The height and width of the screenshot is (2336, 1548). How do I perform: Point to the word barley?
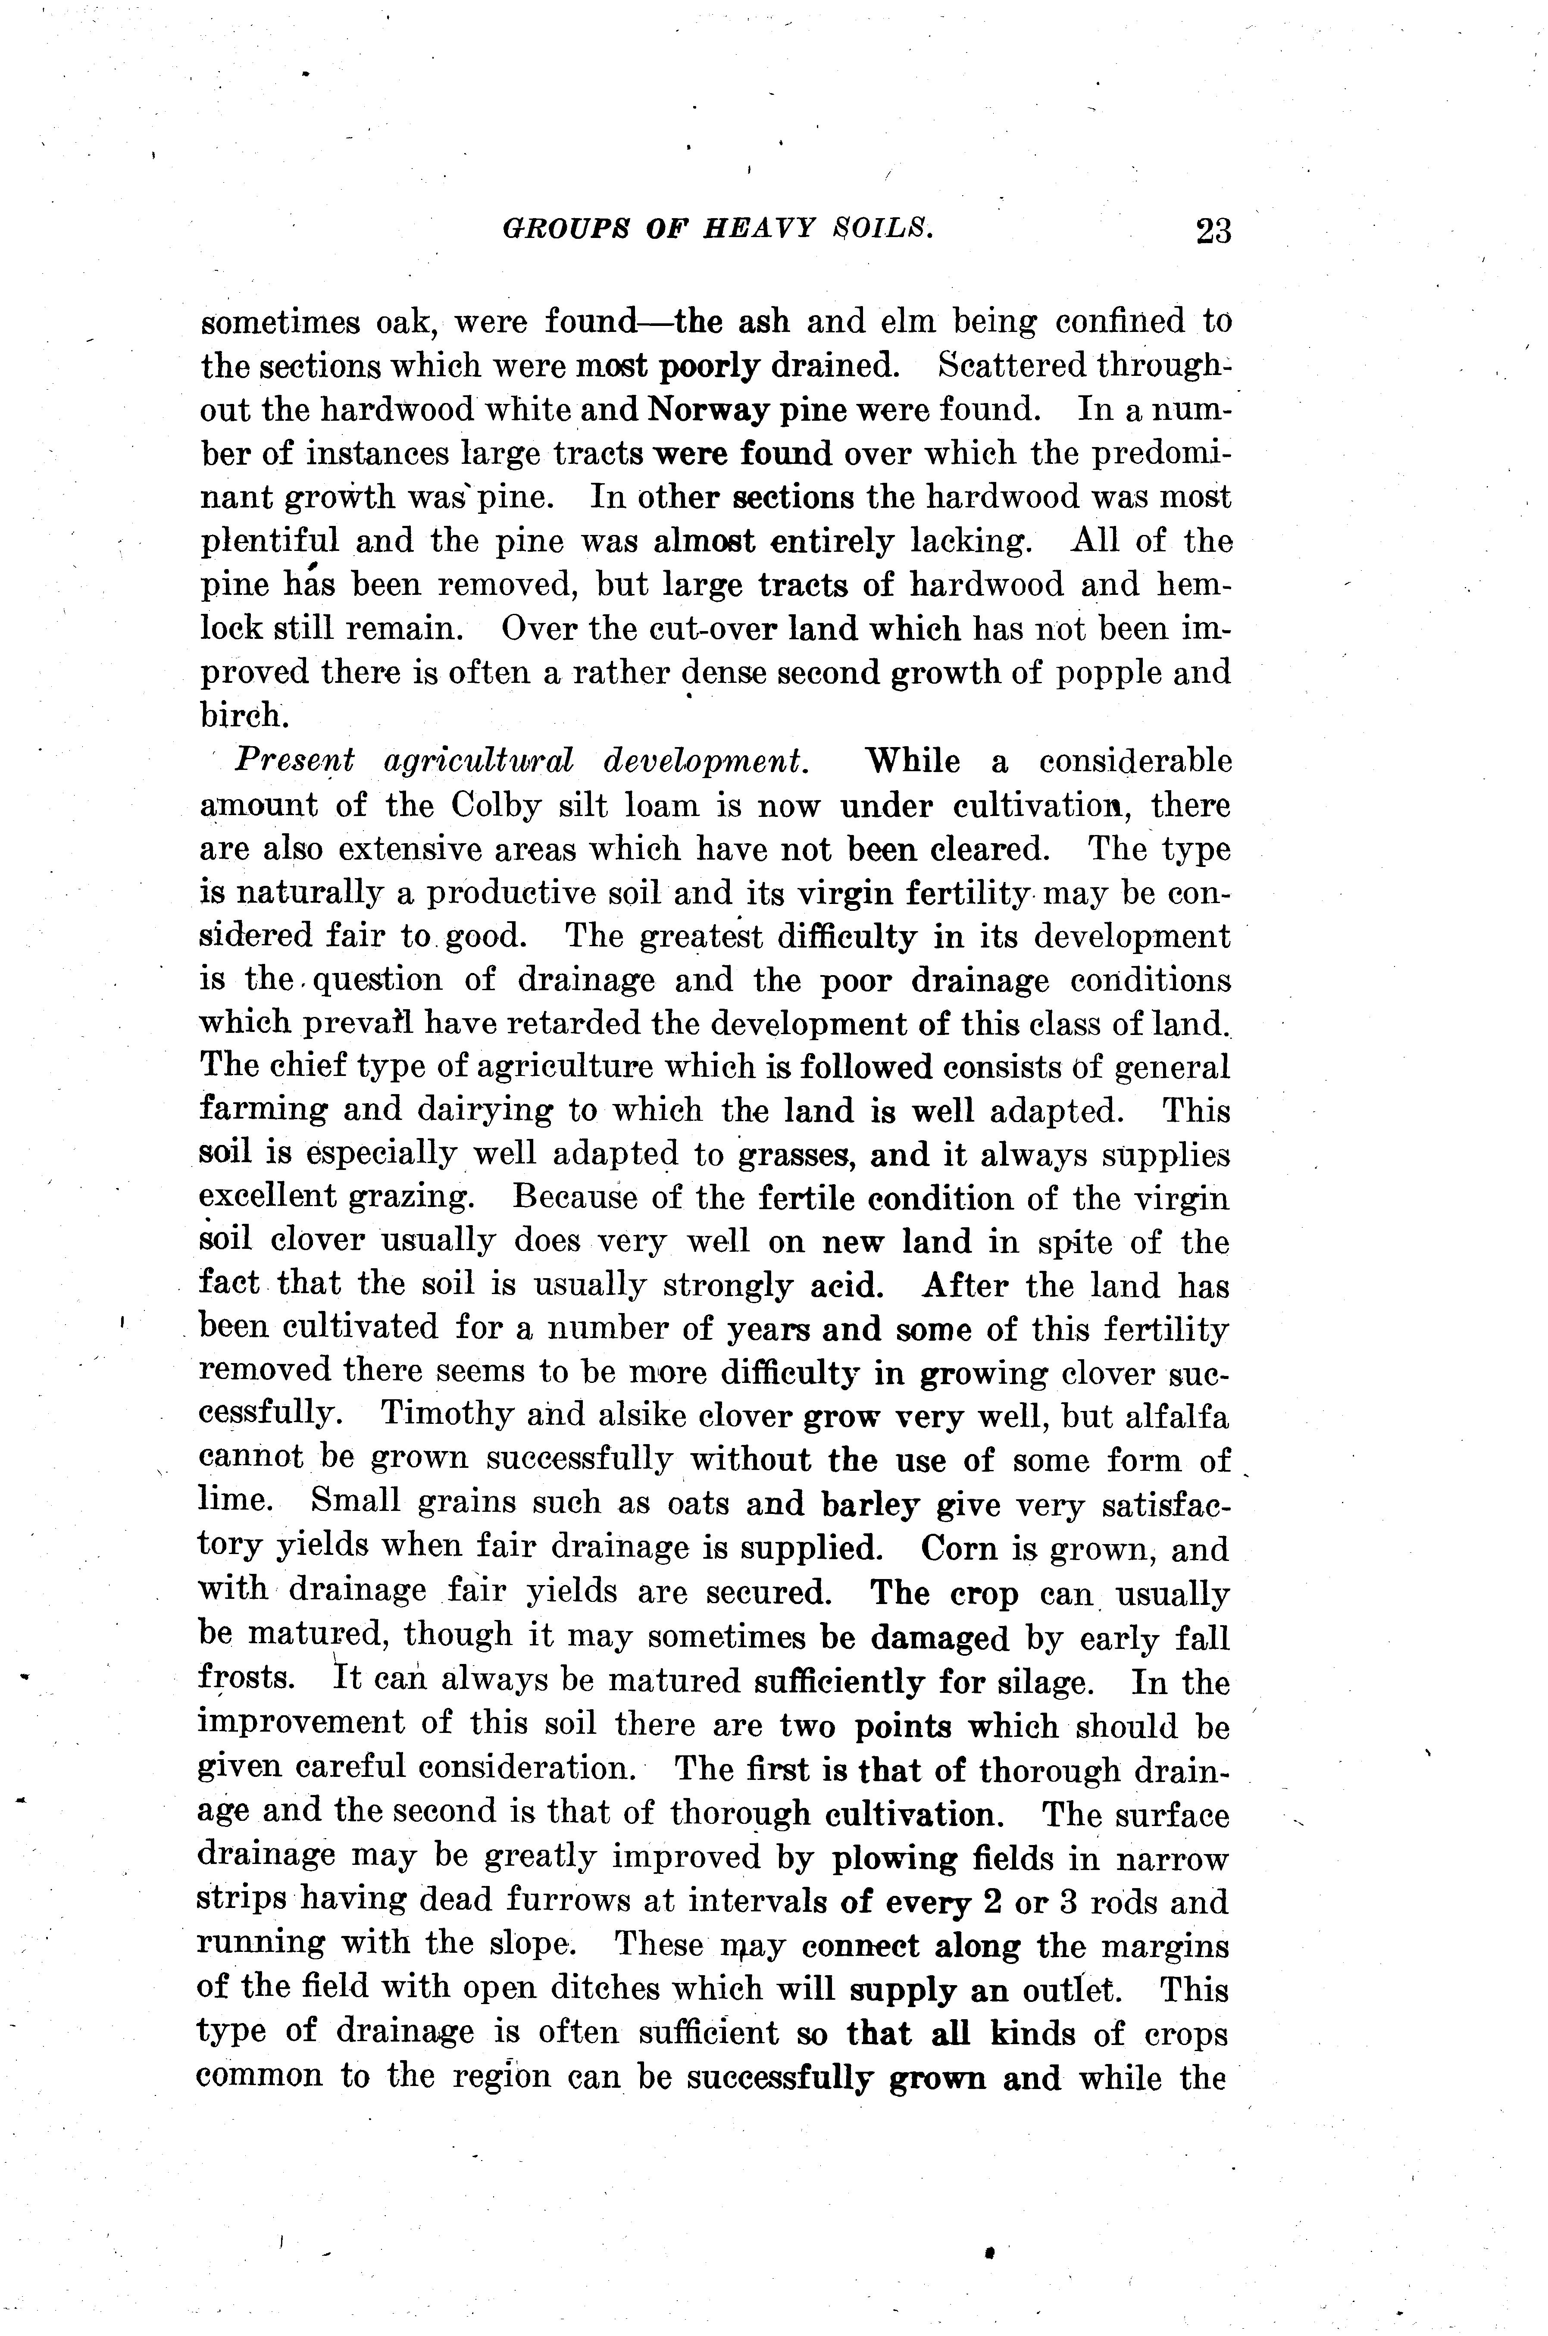point(871,1505)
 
